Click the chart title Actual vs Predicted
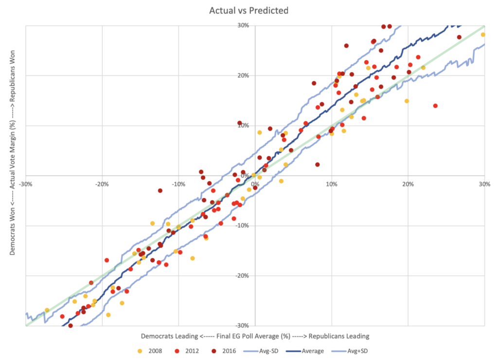click(x=249, y=10)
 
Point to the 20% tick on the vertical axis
click(x=243, y=75)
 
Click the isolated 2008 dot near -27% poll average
click(x=47, y=310)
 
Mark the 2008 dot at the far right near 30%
click(x=482, y=35)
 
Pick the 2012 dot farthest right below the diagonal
click(x=435, y=106)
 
